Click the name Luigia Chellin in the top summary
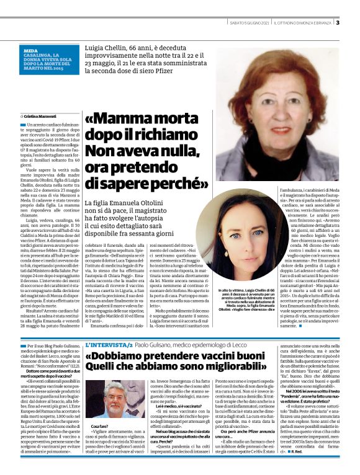[109, 47]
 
